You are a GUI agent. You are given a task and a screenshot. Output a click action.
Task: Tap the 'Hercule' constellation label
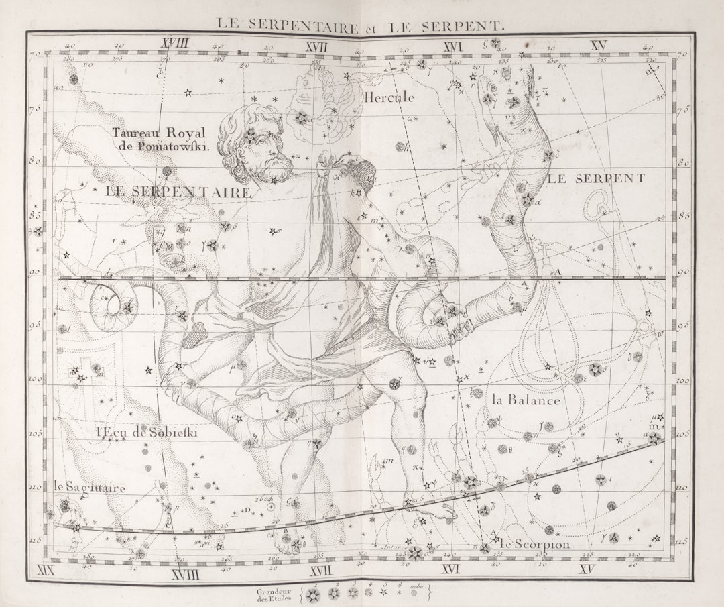tap(389, 97)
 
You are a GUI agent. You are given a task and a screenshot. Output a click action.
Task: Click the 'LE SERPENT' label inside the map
tap(597, 178)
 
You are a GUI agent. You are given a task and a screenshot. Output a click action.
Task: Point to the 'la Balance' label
tap(526, 400)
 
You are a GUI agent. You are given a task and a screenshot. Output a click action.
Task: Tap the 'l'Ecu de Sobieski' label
tap(147, 433)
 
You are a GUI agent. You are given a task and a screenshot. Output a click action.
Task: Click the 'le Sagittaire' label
tap(89, 488)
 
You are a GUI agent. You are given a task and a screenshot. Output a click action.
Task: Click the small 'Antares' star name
tap(394, 547)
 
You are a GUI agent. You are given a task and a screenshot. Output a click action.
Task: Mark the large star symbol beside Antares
tap(414, 553)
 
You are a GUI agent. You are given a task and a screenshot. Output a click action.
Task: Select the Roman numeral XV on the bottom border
tap(587, 570)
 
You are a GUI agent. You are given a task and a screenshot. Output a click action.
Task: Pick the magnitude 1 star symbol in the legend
tap(313, 594)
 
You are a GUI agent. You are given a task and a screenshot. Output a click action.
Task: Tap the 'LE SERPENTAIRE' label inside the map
tap(179, 192)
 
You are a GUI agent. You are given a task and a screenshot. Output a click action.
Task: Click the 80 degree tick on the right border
tap(683, 162)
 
